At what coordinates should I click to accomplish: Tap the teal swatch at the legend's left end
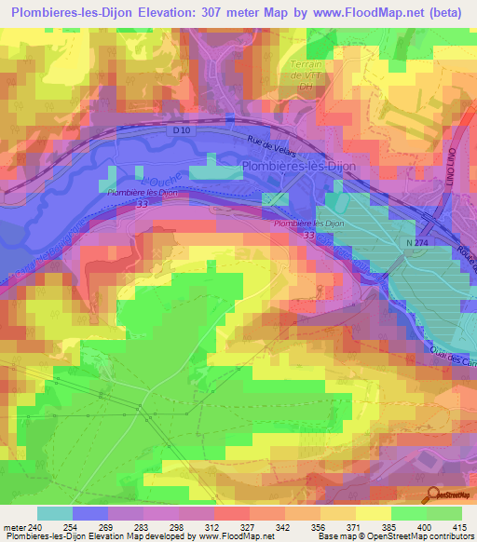coord(54,513)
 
